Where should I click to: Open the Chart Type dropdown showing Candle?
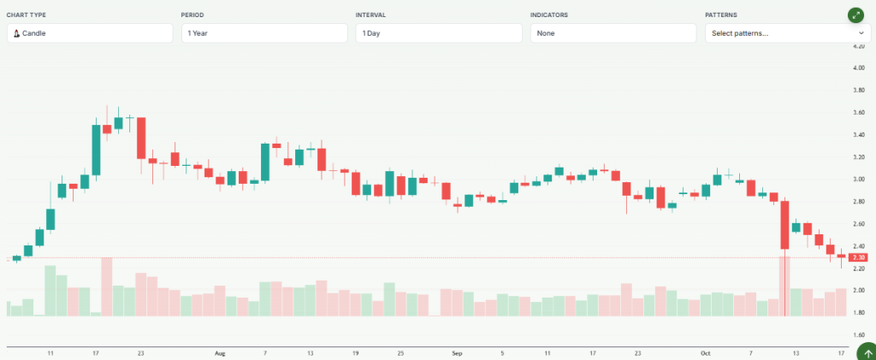(x=90, y=33)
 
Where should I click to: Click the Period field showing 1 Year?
(x=264, y=33)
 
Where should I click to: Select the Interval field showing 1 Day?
(x=439, y=33)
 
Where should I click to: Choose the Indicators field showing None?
(x=613, y=33)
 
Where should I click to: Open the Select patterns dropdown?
(x=787, y=33)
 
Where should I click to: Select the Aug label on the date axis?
(x=220, y=353)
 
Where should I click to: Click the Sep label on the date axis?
(x=457, y=353)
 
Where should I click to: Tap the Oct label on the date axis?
(x=706, y=353)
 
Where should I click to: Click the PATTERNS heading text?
(x=720, y=15)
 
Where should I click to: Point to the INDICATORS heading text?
(x=549, y=15)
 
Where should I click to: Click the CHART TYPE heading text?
(x=27, y=15)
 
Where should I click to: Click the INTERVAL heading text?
(x=371, y=15)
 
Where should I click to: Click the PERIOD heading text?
(x=193, y=15)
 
